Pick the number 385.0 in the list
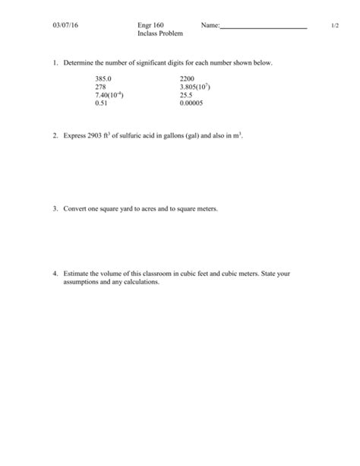coord(103,78)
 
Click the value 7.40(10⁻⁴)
coord(110,95)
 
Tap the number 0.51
coord(102,103)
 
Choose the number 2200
coord(188,78)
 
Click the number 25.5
coord(186,95)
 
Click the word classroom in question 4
coord(175,273)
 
